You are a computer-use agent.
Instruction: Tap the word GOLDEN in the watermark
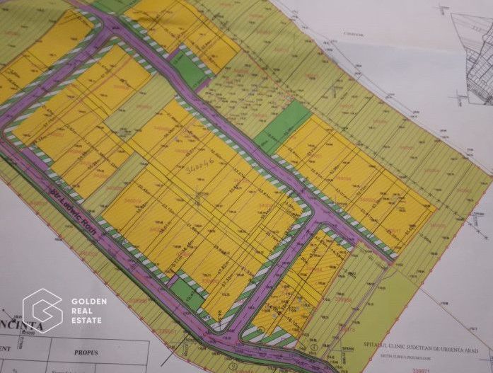point(89,302)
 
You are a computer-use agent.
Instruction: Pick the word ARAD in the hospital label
point(470,351)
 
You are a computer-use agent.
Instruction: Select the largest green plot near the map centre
point(283,126)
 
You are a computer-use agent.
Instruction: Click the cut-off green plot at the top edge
point(113,5)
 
